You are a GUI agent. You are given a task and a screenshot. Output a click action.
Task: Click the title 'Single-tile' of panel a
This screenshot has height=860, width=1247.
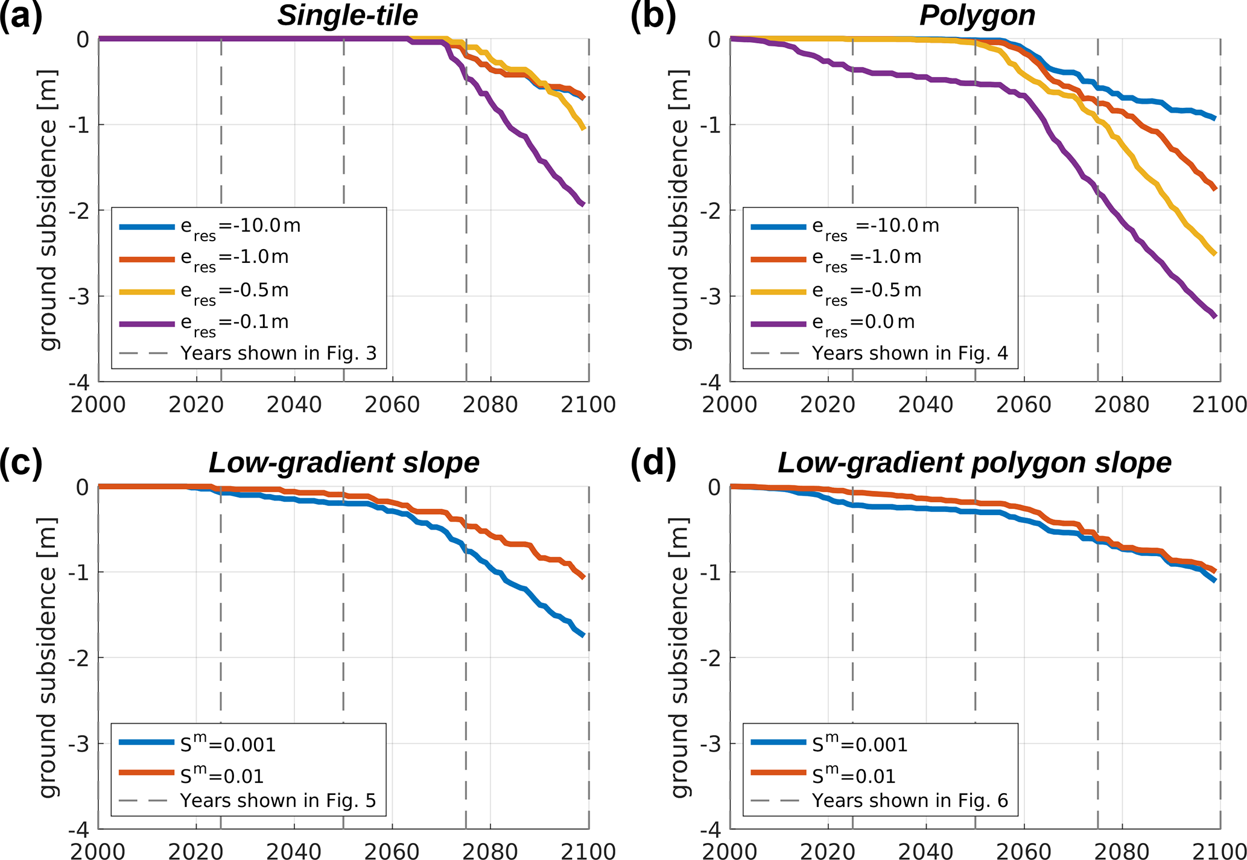pyautogui.click(x=347, y=16)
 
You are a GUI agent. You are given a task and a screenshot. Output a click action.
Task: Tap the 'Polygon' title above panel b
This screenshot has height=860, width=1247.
pyautogui.click(x=977, y=16)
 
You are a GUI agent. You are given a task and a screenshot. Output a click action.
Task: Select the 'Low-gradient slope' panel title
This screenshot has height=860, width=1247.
pyautogui.click(x=344, y=463)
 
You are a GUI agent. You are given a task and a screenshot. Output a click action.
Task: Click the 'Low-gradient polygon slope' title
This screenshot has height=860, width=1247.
pyautogui.click(x=974, y=463)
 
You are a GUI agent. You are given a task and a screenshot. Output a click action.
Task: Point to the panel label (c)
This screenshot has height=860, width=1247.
pyautogui.click(x=22, y=463)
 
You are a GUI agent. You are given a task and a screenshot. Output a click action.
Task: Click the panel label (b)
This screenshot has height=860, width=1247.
pyautogui.click(x=653, y=16)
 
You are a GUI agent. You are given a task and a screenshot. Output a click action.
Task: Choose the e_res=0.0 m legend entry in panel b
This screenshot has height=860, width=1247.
pyautogui.click(x=863, y=323)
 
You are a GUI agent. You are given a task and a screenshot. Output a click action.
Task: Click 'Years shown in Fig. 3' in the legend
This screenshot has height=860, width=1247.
pyautogui.click(x=278, y=353)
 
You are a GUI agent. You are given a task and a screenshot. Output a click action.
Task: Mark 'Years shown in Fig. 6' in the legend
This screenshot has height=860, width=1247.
pyautogui.click(x=910, y=800)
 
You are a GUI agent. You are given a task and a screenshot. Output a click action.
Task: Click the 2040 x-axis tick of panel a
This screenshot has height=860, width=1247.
pyautogui.click(x=294, y=405)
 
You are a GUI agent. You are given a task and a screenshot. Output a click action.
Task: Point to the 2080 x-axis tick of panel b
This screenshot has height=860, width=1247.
pyautogui.click(x=1122, y=405)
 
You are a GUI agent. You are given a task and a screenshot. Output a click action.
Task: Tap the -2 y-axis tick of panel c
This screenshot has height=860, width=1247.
pyautogui.click(x=78, y=658)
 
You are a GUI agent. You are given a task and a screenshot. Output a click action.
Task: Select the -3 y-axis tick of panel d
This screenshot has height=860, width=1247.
pyautogui.click(x=710, y=744)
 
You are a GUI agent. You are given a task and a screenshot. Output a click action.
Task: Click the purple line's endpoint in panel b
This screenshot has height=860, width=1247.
pyautogui.click(x=1214, y=315)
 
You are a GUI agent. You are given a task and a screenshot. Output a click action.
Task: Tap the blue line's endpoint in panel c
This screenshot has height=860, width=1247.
pyautogui.click(x=583, y=635)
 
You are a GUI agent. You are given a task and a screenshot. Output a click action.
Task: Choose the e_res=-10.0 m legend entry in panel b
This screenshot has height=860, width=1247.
pyautogui.click(x=875, y=226)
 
